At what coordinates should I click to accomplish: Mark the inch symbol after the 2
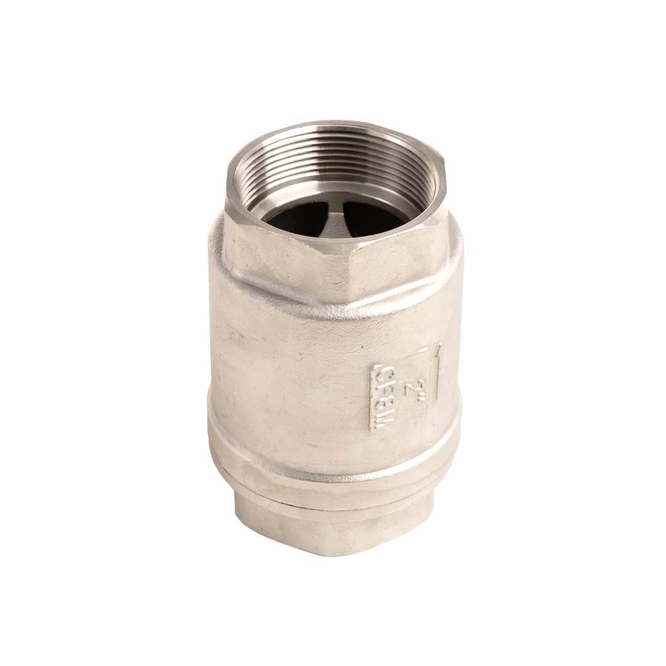413,377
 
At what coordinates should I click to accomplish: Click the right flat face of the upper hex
395,259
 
